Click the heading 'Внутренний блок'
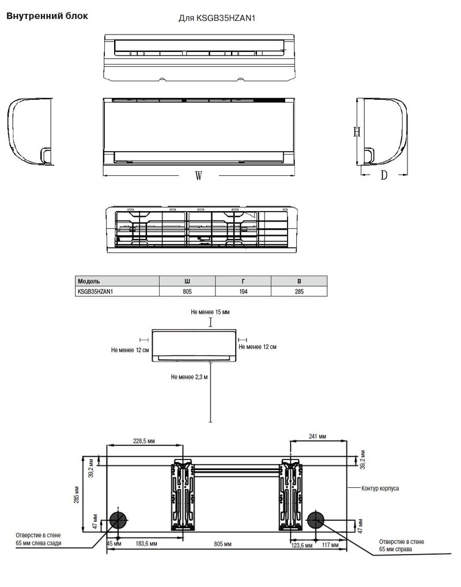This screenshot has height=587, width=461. [x=47, y=16]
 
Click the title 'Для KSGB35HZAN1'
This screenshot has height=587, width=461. [x=217, y=18]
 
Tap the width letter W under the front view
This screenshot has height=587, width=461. [x=199, y=175]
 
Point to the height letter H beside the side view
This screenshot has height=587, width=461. [x=357, y=131]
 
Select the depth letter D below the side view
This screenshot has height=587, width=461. [x=384, y=175]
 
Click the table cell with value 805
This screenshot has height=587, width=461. [x=187, y=292]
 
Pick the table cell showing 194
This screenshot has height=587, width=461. [x=243, y=292]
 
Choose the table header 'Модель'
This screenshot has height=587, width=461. [x=89, y=281]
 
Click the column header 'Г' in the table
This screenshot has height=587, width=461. [x=243, y=281]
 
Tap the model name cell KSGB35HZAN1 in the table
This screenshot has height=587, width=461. [x=95, y=292]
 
